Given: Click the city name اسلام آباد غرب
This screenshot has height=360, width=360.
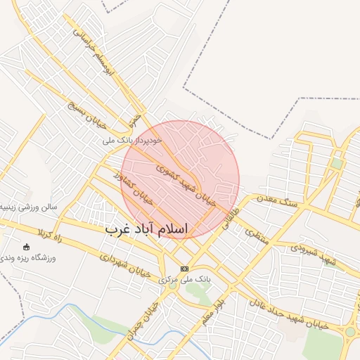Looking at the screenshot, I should (147, 229).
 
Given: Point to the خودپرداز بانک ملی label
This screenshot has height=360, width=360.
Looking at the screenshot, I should (132, 141).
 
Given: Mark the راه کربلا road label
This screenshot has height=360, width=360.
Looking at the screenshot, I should (68, 238).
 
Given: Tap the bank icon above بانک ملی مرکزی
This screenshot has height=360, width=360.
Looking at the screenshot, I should (185, 269).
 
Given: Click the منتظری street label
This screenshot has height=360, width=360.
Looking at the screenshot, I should (256, 235).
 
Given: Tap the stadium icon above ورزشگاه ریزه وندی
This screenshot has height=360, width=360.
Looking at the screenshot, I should (27, 247).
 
